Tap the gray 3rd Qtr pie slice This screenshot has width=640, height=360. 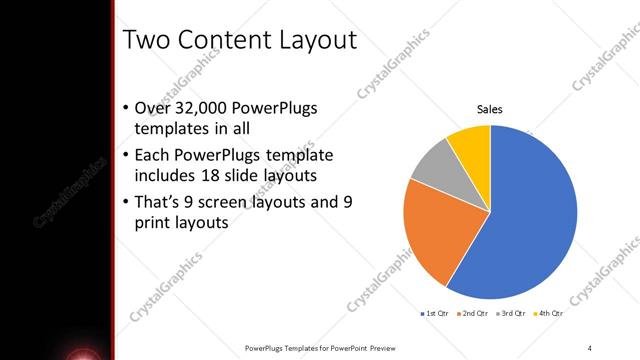(x=432, y=165)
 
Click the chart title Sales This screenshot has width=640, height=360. (x=489, y=109)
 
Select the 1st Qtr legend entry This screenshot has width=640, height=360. (x=435, y=314)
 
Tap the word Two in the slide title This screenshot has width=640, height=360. (x=145, y=40)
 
